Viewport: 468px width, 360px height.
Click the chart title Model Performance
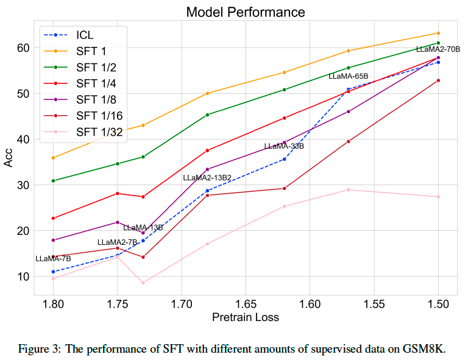(246, 12)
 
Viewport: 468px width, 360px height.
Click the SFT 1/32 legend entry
(97, 131)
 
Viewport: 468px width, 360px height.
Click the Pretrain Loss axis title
(246, 317)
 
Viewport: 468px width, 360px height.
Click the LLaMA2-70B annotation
(438, 49)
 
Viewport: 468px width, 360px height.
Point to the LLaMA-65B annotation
(349, 76)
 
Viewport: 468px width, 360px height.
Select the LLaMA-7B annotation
(53, 258)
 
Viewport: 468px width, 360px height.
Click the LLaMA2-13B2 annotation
(207, 177)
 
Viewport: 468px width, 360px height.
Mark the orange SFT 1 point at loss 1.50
(438, 33)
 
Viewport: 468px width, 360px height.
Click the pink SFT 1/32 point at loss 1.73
(143, 283)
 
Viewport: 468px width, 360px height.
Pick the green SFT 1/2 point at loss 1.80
(54, 181)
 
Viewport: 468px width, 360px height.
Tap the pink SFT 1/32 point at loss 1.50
(438, 197)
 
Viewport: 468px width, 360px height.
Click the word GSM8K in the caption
(428, 349)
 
